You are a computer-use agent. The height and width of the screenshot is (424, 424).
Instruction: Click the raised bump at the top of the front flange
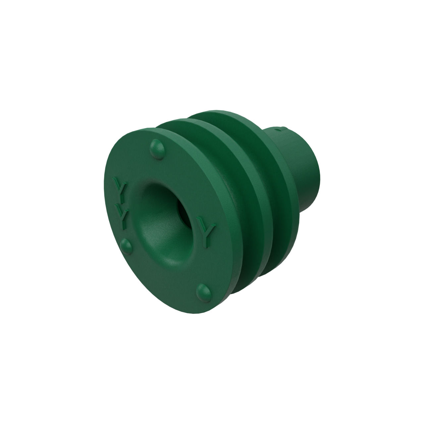click(157, 149)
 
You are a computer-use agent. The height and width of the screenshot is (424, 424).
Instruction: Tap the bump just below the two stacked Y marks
click(126, 246)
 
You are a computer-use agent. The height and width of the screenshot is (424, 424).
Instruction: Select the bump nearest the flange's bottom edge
click(204, 292)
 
